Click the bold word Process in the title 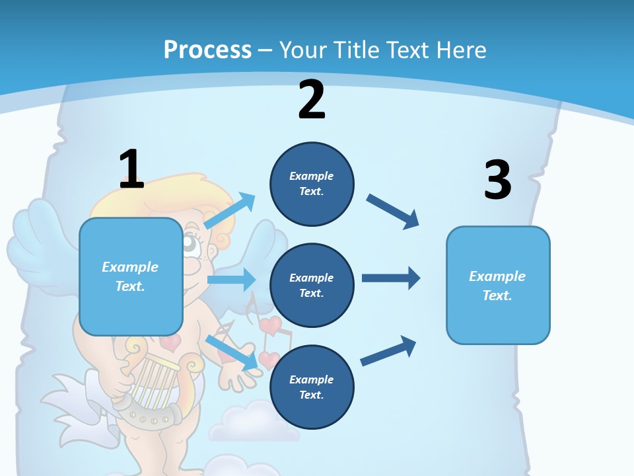point(207,50)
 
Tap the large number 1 point(131,169)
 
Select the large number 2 point(312,100)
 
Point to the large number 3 point(497,180)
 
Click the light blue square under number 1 point(131,276)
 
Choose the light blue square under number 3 point(498,285)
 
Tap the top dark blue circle point(312,184)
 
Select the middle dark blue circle point(312,285)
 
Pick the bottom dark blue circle point(312,387)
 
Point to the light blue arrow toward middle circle point(230,280)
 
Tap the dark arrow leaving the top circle point(393,212)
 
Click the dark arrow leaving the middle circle point(390,278)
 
